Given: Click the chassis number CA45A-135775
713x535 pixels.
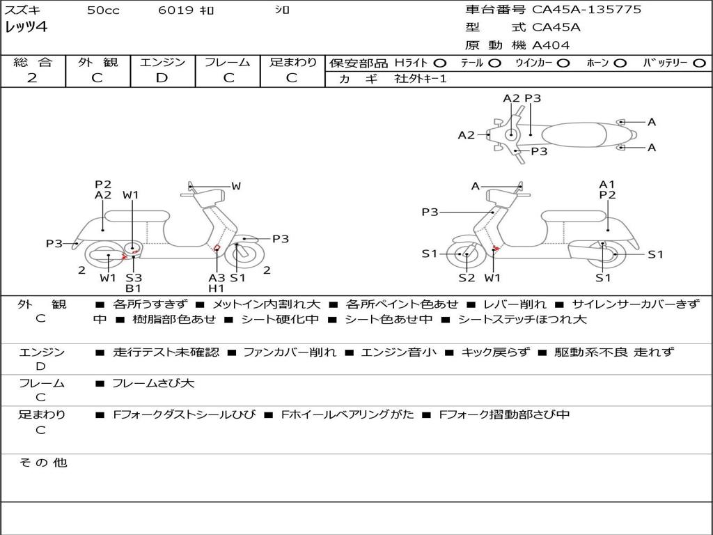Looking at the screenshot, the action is (x=586, y=10).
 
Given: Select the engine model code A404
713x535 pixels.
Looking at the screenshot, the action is (x=551, y=45).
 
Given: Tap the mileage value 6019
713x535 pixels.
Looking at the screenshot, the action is (x=173, y=10).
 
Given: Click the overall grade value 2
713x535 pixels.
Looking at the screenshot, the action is (x=32, y=78).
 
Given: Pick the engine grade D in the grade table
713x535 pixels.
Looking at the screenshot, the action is (x=162, y=78).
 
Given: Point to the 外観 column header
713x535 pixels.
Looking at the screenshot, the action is (x=97, y=62).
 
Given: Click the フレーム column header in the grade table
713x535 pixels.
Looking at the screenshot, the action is (x=228, y=62).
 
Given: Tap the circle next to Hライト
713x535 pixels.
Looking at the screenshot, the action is (x=440, y=63).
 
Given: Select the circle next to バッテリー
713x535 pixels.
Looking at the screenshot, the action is (x=699, y=63).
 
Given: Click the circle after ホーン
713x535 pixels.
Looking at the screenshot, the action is (x=620, y=63).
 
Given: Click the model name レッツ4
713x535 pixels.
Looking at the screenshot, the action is (x=26, y=28).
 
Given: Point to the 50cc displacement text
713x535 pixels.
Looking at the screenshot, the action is (x=103, y=10).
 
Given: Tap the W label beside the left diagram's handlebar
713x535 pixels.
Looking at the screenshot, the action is (x=236, y=186).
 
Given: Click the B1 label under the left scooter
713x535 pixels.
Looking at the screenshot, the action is (x=134, y=288).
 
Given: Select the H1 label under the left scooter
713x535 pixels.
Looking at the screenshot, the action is (x=217, y=288).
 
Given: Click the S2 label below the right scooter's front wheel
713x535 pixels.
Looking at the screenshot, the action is (x=467, y=278).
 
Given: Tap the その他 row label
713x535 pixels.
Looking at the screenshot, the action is (x=42, y=463).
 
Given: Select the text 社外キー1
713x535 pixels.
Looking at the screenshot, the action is (x=421, y=79).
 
